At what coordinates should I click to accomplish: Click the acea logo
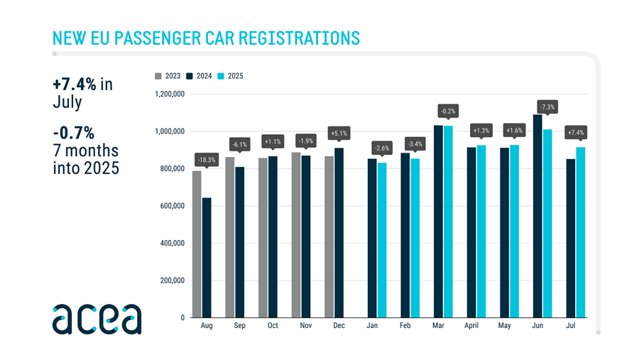coord(97,319)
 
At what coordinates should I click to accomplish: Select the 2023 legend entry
coord(168,75)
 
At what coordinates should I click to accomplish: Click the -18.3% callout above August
coord(207,160)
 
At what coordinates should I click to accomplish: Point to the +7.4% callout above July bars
coord(575,133)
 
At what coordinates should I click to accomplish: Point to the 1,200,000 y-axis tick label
coord(169,94)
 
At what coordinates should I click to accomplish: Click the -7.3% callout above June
coord(547,107)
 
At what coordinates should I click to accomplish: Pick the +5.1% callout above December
coord(339,133)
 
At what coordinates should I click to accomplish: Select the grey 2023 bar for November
coord(296,235)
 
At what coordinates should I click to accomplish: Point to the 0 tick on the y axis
coord(182,317)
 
